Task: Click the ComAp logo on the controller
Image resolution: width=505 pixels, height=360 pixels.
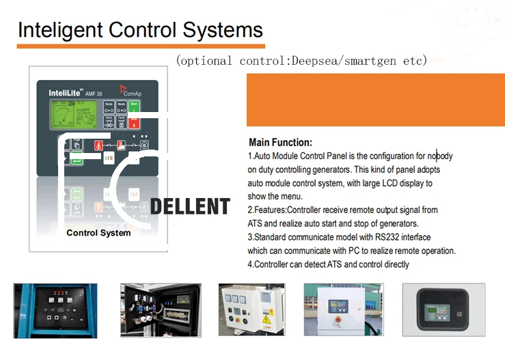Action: [132, 90]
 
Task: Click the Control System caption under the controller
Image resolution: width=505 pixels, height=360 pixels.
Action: [98, 233]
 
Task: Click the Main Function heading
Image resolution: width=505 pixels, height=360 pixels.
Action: [280, 143]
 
